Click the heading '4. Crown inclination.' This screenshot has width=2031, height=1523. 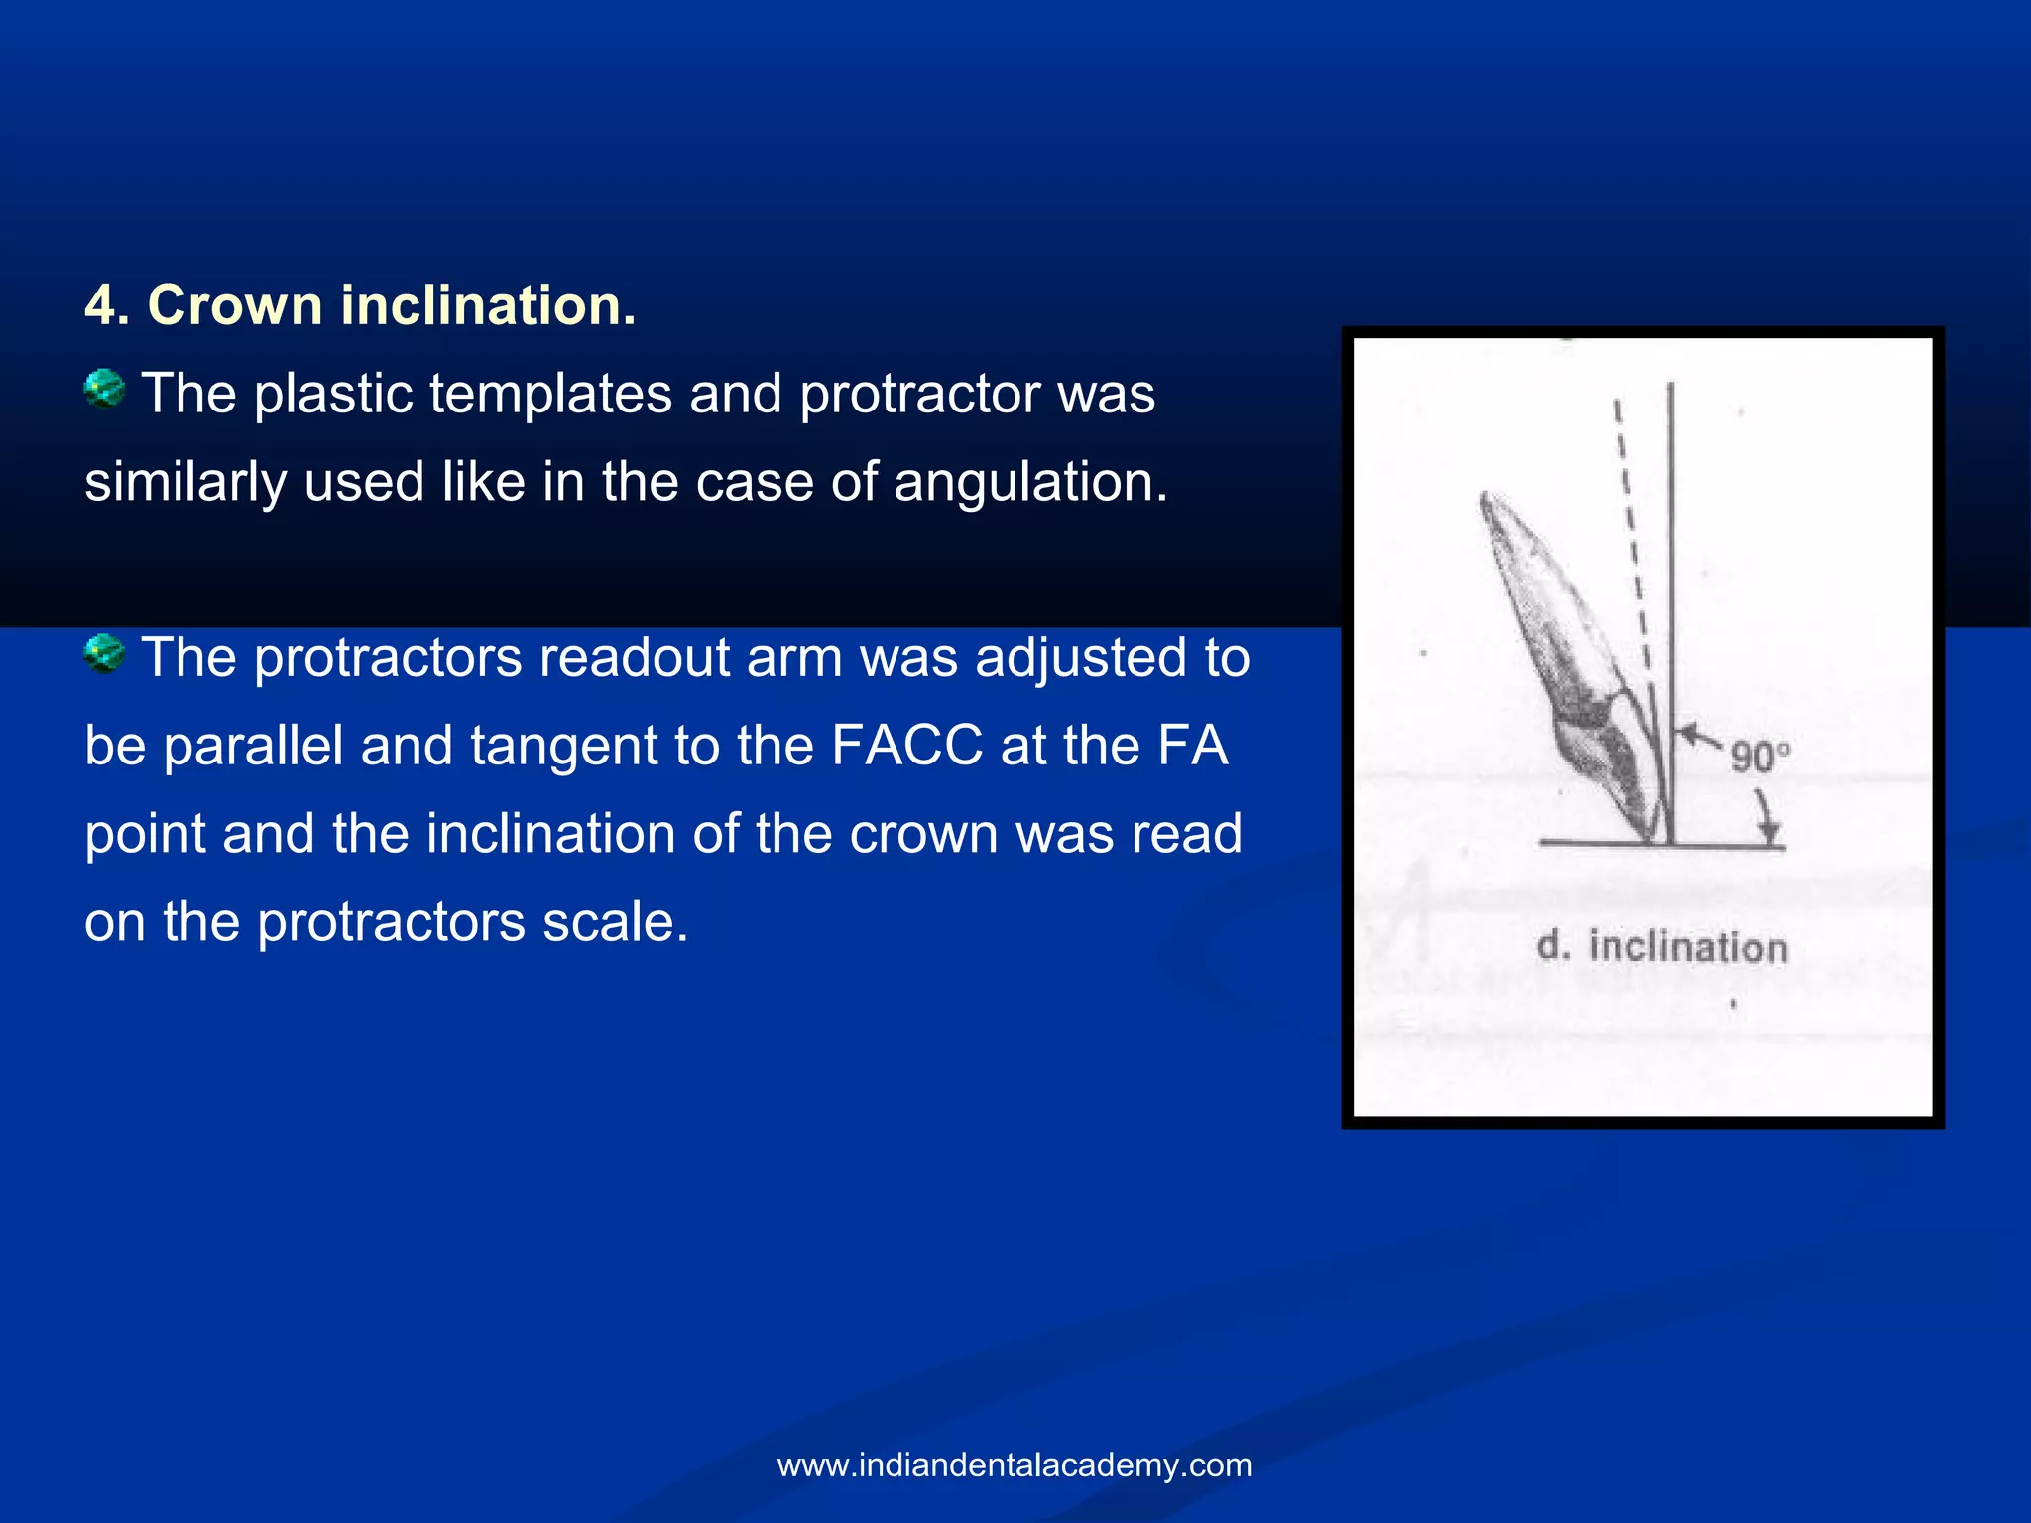[x=360, y=304]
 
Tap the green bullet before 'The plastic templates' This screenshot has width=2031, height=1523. [x=104, y=388]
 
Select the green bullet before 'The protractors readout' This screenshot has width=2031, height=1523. [x=104, y=653]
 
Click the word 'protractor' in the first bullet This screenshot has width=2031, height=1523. [x=919, y=394]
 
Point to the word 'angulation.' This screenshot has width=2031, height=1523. [x=1030, y=482]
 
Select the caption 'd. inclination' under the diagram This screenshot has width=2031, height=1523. [x=1662, y=946]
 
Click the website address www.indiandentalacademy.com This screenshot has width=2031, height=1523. [x=1015, y=1465]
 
